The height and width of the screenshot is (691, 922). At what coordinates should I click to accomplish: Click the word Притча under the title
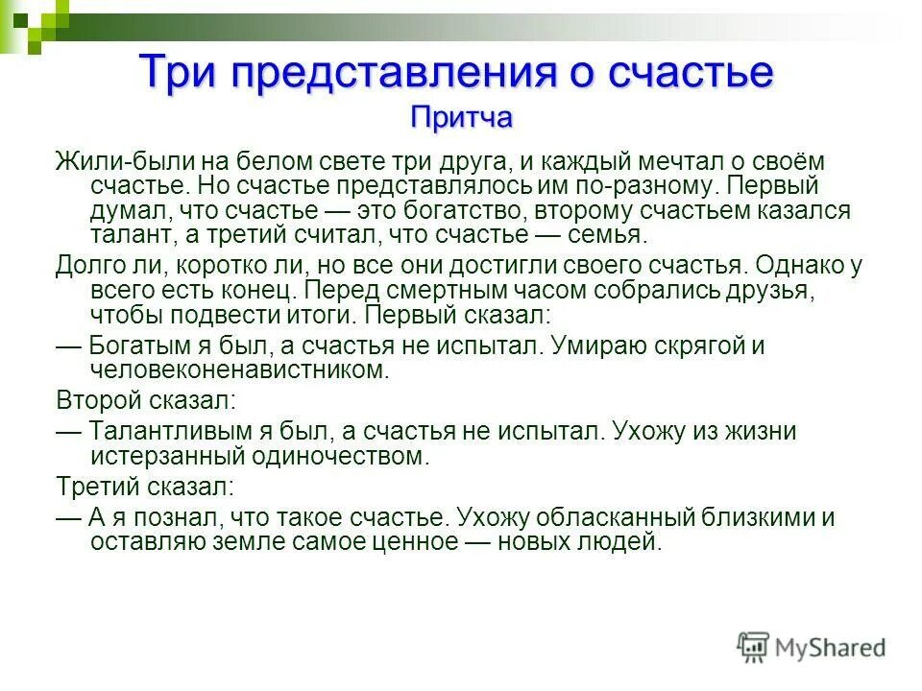[462, 117]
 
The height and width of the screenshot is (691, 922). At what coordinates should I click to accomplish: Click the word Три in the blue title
[175, 73]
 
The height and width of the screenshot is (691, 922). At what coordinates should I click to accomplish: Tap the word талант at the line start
[126, 235]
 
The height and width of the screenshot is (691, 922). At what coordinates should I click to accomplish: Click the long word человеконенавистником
[240, 369]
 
